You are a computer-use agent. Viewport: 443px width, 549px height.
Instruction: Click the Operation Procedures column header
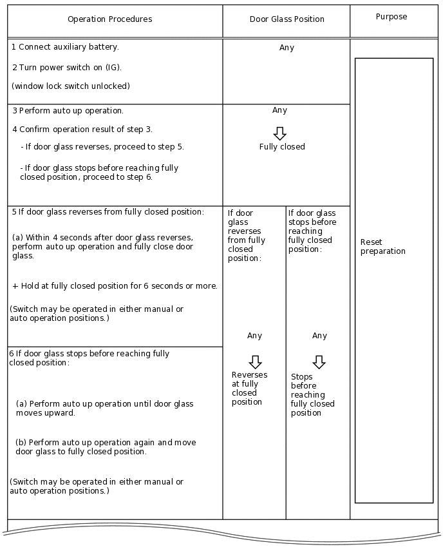(x=109, y=19)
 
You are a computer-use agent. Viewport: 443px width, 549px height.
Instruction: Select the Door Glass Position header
(x=287, y=19)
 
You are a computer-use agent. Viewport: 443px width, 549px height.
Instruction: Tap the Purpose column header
(x=391, y=17)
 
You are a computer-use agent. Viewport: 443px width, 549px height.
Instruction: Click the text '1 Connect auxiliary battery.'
(x=65, y=47)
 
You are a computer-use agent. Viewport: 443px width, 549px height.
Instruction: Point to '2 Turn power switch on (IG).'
(x=67, y=67)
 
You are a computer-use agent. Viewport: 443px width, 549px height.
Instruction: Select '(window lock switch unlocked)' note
(x=71, y=86)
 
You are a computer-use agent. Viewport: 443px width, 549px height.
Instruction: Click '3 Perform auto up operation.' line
(x=68, y=110)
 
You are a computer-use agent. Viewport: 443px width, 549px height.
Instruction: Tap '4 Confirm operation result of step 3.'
(x=82, y=129)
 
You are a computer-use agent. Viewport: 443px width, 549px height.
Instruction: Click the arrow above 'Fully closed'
(x=279, y=133)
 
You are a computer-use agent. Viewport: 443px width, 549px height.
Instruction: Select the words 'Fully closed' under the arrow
(x=282, y=147)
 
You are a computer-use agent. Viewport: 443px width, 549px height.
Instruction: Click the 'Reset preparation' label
(x=382, y=247)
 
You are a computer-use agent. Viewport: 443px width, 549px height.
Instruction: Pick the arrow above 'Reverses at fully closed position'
(x=255, y=361)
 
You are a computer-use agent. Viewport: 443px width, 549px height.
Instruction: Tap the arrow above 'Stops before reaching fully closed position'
(x=319, y=361)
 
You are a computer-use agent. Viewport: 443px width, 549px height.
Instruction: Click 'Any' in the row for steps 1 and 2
(x=287, y=48)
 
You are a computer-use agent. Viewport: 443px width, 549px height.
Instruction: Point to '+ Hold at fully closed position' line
(x=115, y=286)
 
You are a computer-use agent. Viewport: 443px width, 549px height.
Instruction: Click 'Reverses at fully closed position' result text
(x=249, y=389)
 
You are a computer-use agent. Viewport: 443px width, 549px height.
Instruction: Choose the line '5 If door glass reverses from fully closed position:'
(x=108, y=211)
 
